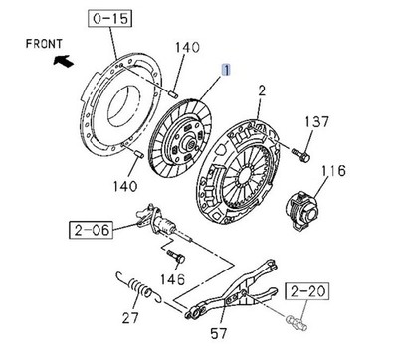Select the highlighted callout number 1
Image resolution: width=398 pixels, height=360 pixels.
pos(227,71)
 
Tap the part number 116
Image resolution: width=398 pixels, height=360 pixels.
pos(339,170)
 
